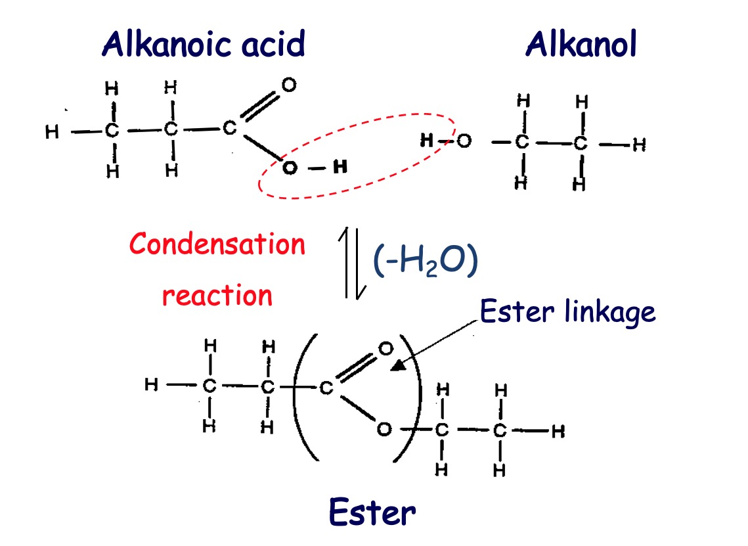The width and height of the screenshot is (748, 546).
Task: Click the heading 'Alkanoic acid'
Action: coord(203,45)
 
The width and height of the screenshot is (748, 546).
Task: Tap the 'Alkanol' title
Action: coord(581,45)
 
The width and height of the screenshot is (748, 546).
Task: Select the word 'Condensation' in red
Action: coord(217,244)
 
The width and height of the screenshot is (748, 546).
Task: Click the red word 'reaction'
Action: coord(217,295)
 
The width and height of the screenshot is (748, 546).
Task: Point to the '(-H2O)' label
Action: coord(424,261)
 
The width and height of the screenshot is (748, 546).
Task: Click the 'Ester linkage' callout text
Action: coord(567,311)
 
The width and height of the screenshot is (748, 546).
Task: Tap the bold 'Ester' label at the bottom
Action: coord(372,512)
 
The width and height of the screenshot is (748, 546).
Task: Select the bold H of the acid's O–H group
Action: coord(340,168)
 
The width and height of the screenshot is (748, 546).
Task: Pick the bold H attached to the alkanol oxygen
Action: coord(427,141)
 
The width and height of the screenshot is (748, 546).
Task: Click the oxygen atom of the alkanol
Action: coord(464,141)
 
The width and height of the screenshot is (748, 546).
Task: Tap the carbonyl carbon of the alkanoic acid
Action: coord(229,128)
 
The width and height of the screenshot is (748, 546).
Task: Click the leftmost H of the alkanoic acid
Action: coord(52,132)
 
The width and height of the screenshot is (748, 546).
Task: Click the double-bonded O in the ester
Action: coord(385,347)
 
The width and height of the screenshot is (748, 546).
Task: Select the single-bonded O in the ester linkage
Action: coord(384,430)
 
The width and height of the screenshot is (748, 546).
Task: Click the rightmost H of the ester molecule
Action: coord(558,432)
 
